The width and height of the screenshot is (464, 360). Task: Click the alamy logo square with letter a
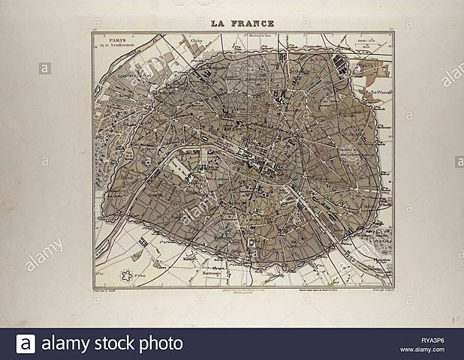26,344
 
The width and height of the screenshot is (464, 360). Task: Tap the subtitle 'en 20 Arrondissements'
116,47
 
